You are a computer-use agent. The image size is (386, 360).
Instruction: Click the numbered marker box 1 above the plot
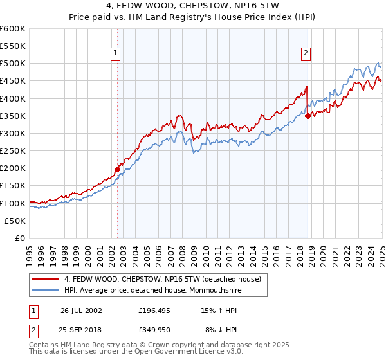pos(116,54)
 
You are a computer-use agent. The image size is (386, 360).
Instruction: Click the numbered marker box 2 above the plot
pos(306,54)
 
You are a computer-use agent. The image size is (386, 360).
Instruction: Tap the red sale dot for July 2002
pos(118,170)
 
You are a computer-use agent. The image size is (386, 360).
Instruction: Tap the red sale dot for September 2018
pos(308,116)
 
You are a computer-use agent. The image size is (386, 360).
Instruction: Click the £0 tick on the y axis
pos(21,238)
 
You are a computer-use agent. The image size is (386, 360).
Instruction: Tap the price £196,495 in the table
pos(154,310)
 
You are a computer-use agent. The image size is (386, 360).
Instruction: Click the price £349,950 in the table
pos(154,329)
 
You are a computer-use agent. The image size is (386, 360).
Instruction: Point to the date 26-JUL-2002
pos(81,310)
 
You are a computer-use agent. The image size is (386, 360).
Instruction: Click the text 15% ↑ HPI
pos(211,310)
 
